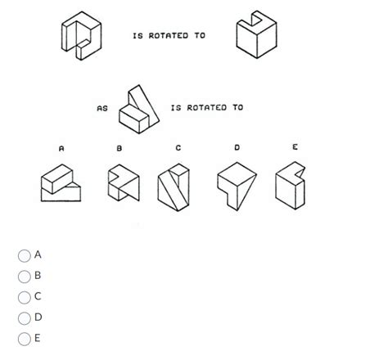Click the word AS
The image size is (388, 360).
pos(102,108)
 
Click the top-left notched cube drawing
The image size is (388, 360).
pos(82,36)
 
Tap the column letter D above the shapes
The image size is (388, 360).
pos(237,147)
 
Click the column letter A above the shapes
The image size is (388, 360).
pos(61,148)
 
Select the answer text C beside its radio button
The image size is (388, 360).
pos(38,296)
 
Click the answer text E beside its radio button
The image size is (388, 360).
pos(38,337)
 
